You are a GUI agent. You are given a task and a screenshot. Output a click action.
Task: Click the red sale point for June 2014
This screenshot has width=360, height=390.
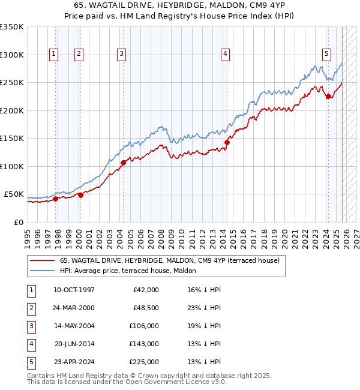point(227,142)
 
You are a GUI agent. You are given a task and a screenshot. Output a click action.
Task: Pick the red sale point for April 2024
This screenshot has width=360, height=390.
point(328,97)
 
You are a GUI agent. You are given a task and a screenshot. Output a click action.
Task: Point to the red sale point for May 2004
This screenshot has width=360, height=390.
point(123,163)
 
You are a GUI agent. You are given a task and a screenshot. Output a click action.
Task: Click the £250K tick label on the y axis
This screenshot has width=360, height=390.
point(12,82)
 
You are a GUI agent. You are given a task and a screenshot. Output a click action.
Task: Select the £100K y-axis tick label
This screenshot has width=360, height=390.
point(12,166)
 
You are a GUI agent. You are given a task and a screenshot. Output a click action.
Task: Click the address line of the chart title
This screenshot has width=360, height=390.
point(179,5)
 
